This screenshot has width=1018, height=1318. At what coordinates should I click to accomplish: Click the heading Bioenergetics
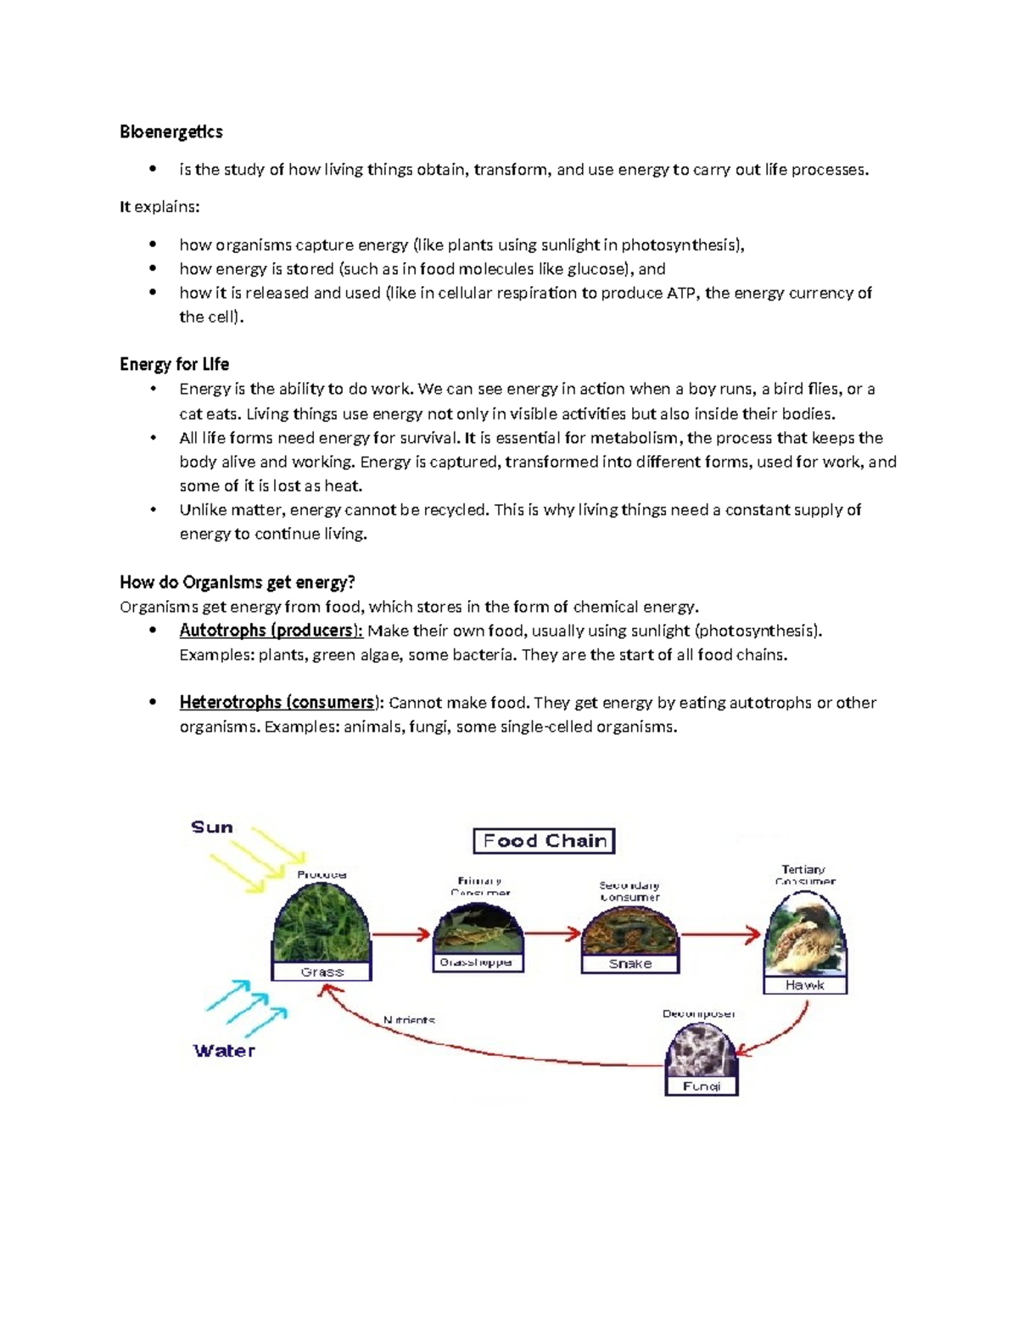171,132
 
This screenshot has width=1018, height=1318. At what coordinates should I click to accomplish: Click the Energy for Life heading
174,364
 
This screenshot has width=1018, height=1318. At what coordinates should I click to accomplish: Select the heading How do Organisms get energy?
237,582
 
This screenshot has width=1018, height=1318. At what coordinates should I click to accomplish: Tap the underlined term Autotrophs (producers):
271,631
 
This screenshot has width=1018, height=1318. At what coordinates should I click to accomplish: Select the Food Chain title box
544,841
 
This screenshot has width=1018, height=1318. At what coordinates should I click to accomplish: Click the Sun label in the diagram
211,827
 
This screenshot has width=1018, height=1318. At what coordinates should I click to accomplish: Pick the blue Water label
224,1051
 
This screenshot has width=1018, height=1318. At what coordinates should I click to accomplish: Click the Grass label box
322,972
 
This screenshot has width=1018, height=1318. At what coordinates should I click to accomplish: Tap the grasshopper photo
477,929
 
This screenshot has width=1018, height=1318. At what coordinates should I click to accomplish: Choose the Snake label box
630,964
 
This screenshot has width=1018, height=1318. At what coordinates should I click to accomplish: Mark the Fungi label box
701,1086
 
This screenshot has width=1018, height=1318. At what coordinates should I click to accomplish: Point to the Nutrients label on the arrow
409,1020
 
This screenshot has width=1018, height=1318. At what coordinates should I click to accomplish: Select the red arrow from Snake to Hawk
721,935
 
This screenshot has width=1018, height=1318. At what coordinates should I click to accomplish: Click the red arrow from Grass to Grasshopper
401,934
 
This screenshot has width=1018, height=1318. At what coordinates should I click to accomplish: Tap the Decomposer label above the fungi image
698,1014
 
